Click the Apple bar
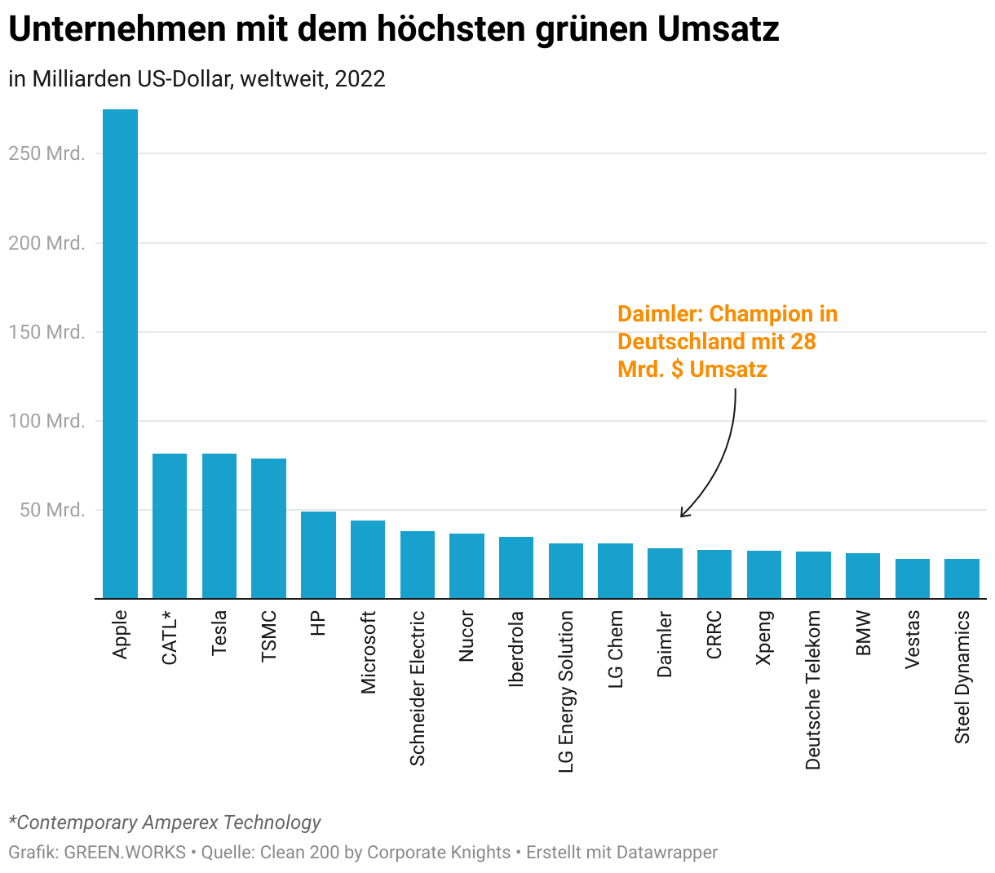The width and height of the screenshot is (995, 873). [120, 353]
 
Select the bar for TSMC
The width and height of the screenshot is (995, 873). [268, 529]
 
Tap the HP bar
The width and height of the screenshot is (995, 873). [318, 555]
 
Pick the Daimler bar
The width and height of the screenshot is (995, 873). [665, 574]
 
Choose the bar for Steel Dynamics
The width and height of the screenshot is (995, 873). [962, 578]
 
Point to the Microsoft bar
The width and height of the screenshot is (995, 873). [368, 560]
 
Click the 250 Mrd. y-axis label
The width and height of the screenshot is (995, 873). [46, 153]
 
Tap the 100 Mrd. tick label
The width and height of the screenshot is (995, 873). [46, 421]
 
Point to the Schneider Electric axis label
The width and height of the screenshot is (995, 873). [418, 688]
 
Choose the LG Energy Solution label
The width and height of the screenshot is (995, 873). [566, 691]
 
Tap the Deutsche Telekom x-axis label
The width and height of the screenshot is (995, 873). [813, 690]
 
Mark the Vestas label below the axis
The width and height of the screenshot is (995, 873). [913, 639]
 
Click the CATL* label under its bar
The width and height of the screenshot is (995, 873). [170, 637]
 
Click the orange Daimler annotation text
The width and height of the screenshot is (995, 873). [726, 342]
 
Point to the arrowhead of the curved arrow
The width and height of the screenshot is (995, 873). [683, 514]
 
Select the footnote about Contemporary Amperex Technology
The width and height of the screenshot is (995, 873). [165, 822]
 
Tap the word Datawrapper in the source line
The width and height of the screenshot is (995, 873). [666, 853]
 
